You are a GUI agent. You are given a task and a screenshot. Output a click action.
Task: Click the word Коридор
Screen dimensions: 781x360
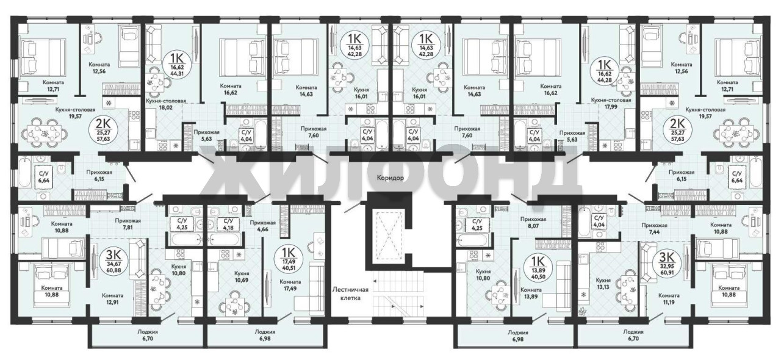[x=390, y=178]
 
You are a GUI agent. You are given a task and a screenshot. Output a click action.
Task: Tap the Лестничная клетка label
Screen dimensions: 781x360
[x=350, y=293]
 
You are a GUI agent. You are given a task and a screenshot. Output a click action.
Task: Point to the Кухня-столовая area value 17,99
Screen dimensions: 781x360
[x=611, y=107]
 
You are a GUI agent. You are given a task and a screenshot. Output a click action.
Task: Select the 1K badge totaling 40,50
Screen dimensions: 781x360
[x=538, y=266]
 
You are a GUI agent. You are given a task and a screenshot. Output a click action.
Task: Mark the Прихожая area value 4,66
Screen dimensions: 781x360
[x=262, y=229]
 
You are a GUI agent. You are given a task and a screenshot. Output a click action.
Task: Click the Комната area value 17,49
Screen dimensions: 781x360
[x=290, y=289]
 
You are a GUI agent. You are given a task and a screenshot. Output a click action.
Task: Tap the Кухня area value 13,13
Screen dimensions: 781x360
[x=603, y=287]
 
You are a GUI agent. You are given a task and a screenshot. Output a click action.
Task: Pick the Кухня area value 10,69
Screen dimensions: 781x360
[x=241, y=280]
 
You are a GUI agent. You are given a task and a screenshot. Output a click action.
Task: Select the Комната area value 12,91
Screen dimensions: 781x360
[x=112, y=302]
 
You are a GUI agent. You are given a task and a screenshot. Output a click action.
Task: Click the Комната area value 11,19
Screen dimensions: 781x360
[x=669, y=302]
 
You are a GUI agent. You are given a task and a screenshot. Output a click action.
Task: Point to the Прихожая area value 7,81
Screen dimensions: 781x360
[x=128, y=228]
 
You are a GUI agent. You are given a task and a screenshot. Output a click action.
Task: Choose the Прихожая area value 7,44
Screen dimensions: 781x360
[x=654, y=232]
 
